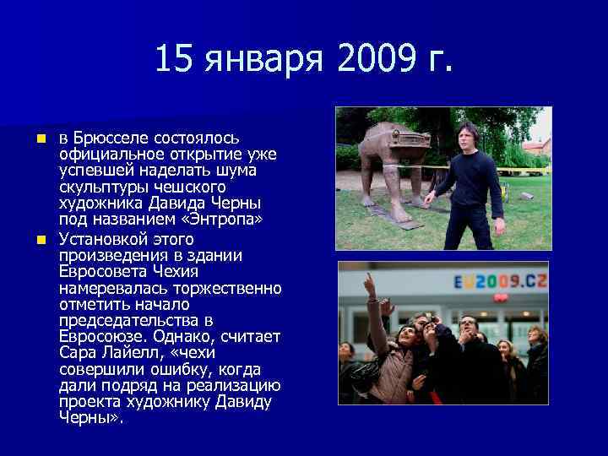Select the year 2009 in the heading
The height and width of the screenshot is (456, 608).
coord(375,60)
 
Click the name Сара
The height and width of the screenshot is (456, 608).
coord(79,352)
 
